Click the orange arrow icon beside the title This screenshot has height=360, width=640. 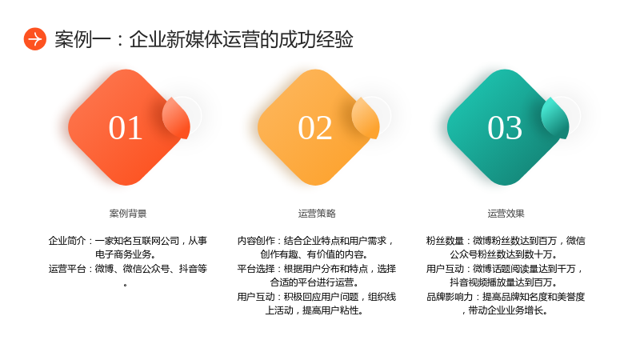tap(34, 39)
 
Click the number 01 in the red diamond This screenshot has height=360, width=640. tap(126, 128)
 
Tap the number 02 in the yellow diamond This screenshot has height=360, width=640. tap(314, 128)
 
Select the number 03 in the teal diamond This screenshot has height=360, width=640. tap(505, 128)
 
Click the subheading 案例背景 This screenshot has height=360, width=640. tap(128, 214)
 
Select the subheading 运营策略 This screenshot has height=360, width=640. tap(317, 214)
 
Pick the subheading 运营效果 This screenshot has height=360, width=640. tap(506, 214)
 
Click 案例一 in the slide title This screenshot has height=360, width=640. tap(83, 39)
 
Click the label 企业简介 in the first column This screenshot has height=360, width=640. tap(67, 241)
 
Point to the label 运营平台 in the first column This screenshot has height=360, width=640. tap(67, 269)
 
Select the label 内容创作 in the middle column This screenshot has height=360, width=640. tap(256, 241)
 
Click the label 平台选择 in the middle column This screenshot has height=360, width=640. tap(256, 269)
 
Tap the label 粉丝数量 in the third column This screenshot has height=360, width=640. tap(445, 241)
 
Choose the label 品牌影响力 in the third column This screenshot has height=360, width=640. tap(450, 297)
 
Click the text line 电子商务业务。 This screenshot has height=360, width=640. tap(126, 254)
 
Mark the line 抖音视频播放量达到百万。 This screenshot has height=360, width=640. tap(504, 282)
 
